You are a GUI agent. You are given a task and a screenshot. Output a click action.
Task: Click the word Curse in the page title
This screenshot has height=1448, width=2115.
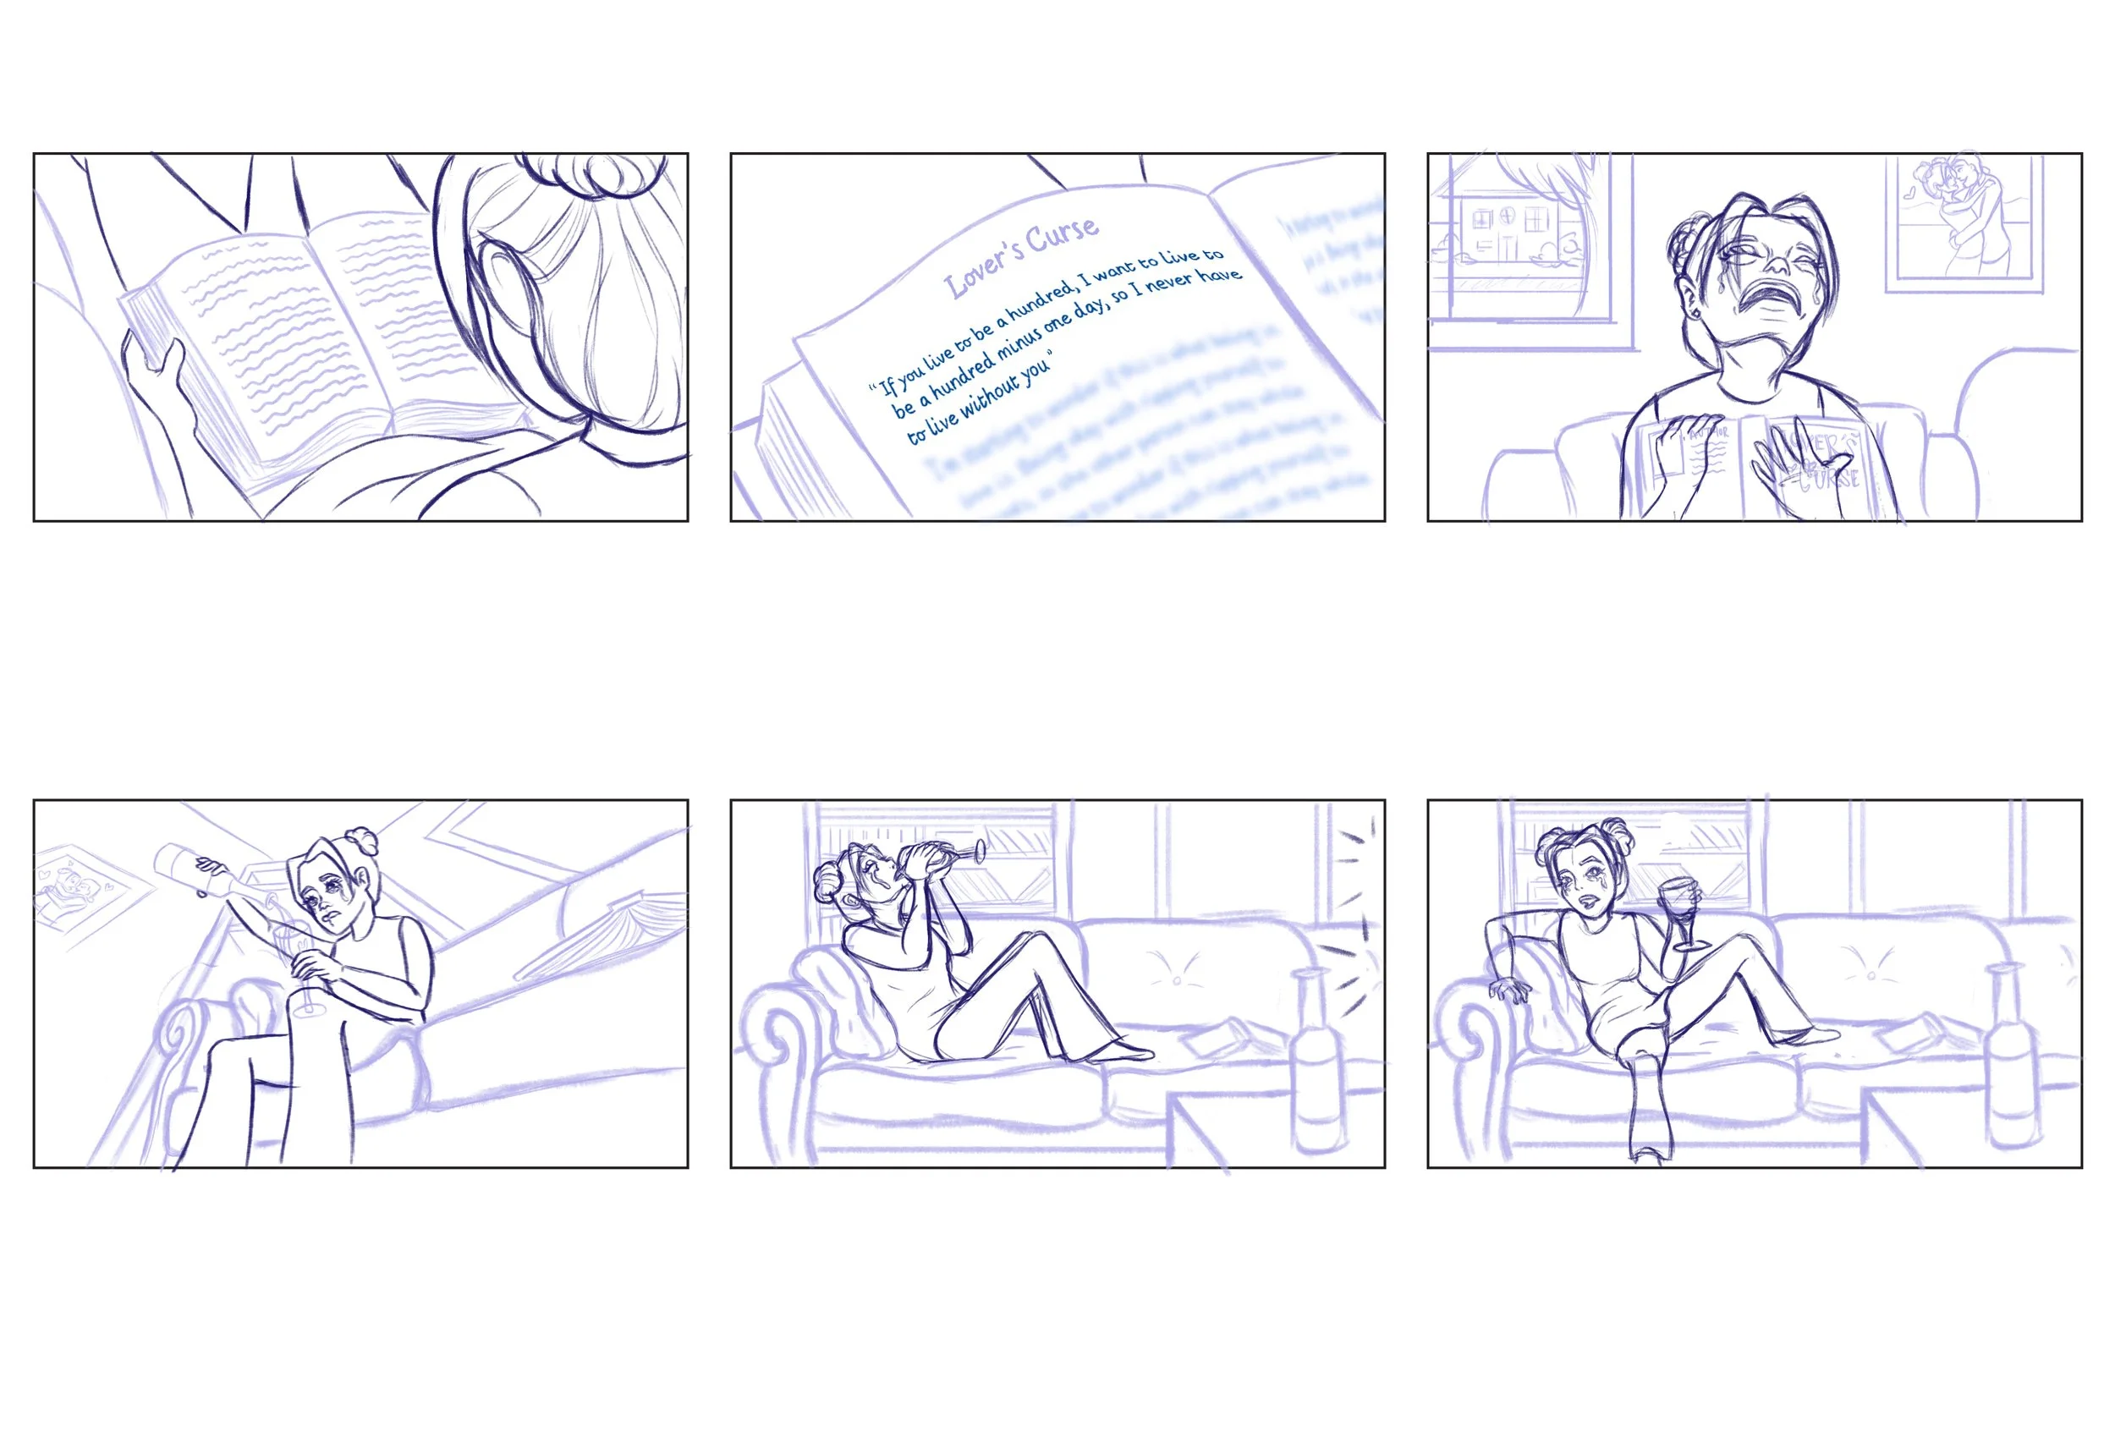click(1062, 236)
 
